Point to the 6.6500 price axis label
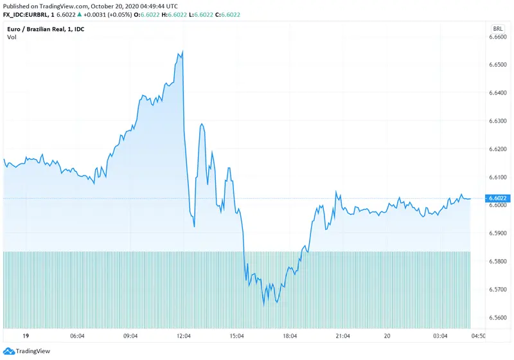(498, 66)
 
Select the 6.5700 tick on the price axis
(498, 289)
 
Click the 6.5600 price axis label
(498, 318)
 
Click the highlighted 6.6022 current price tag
(498, 198)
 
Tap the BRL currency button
(498, 29)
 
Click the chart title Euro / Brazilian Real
(44, 29)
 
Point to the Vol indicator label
(12, 37)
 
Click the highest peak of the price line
(183, 51)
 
